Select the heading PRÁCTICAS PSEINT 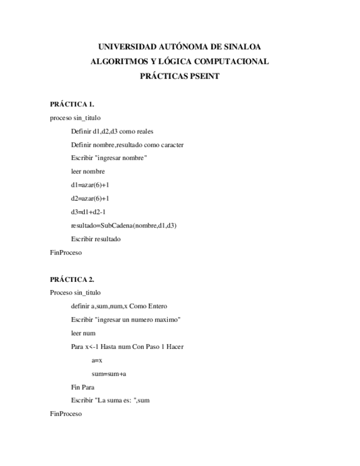tap(180, 76)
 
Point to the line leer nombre tap(88, 171)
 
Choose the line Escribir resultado tap(96, 239)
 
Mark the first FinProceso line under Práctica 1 tap(65, 253)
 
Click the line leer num tap(83, 333)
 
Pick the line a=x tap(97, 360)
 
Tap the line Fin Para tap(82, 387)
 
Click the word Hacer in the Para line tap(175, 347)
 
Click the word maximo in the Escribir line tap(168, 319)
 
